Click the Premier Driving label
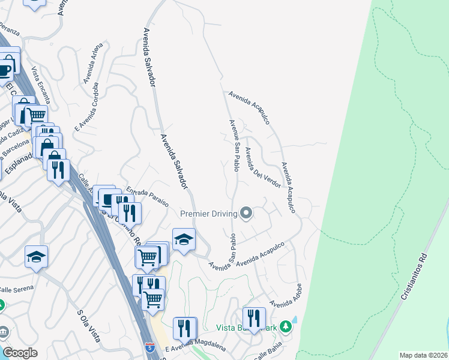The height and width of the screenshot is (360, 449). [x=208, y=214]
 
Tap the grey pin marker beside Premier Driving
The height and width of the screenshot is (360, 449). [x=246, y=213]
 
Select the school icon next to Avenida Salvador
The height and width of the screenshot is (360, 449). [x=184, y=240]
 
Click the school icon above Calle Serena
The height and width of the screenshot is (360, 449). [x=37, y=257]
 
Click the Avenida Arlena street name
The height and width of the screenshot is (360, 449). [x=93, y=62]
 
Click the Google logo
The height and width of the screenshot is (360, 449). [x=19, y=353]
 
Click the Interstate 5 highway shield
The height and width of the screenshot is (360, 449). [x=150, y=347]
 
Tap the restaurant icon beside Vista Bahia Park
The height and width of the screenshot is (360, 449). [x=254, y=318]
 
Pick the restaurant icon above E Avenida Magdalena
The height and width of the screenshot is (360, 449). [x=184, y=328]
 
